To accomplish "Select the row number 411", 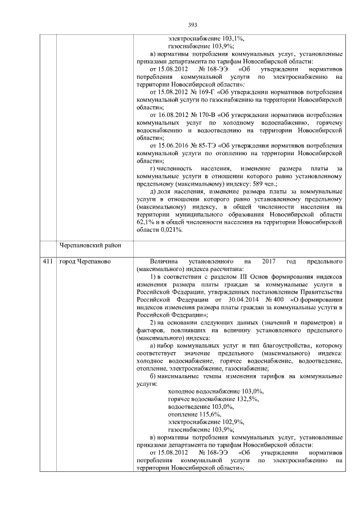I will point(48,262).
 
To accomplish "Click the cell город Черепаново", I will point(85,262).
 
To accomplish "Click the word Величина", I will point(165,262).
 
